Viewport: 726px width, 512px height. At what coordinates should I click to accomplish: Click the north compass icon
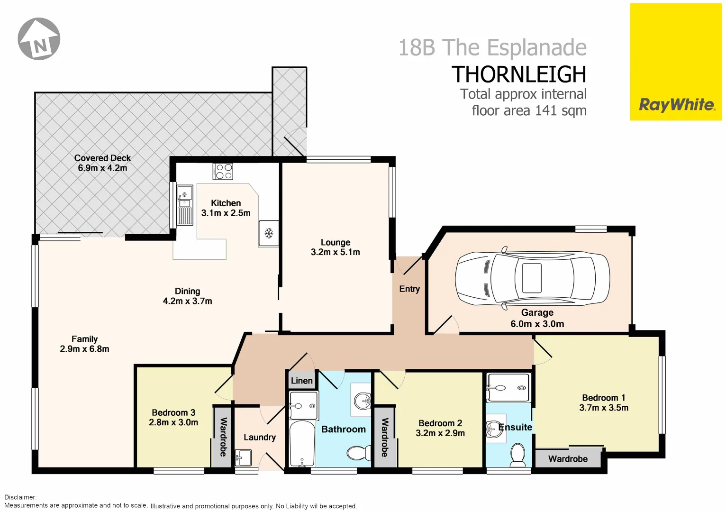pos(39,39)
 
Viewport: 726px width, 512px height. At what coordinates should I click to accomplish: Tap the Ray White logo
pos(676,105)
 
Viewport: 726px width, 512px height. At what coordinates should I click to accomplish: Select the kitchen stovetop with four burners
pos(223,171)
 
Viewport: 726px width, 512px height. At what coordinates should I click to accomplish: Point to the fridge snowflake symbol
pos(269,233)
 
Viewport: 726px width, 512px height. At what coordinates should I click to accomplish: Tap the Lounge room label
pos(336,242)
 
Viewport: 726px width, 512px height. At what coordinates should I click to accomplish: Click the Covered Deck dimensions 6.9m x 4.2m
pos(102,168)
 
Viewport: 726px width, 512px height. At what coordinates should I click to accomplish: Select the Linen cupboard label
pos(301,381)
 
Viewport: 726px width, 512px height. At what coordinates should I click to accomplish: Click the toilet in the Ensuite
pos(517,455)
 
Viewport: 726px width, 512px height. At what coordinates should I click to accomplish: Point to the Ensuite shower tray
pos(508,387)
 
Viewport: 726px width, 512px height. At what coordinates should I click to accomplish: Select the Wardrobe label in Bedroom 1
pos(568,459)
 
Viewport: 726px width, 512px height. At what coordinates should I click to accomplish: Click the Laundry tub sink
pos(244,458)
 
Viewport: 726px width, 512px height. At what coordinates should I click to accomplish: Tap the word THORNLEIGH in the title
pos(518,74)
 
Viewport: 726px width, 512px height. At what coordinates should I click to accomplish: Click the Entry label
pos(409,289)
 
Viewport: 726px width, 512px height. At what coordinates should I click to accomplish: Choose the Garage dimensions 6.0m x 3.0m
pos(537,324)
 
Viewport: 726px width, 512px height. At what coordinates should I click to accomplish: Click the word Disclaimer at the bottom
pos(20,497)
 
